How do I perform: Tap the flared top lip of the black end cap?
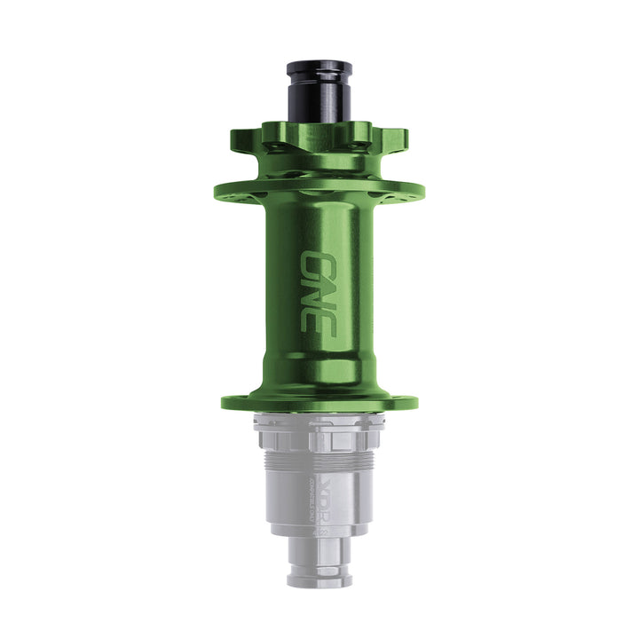tap(319, 67)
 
